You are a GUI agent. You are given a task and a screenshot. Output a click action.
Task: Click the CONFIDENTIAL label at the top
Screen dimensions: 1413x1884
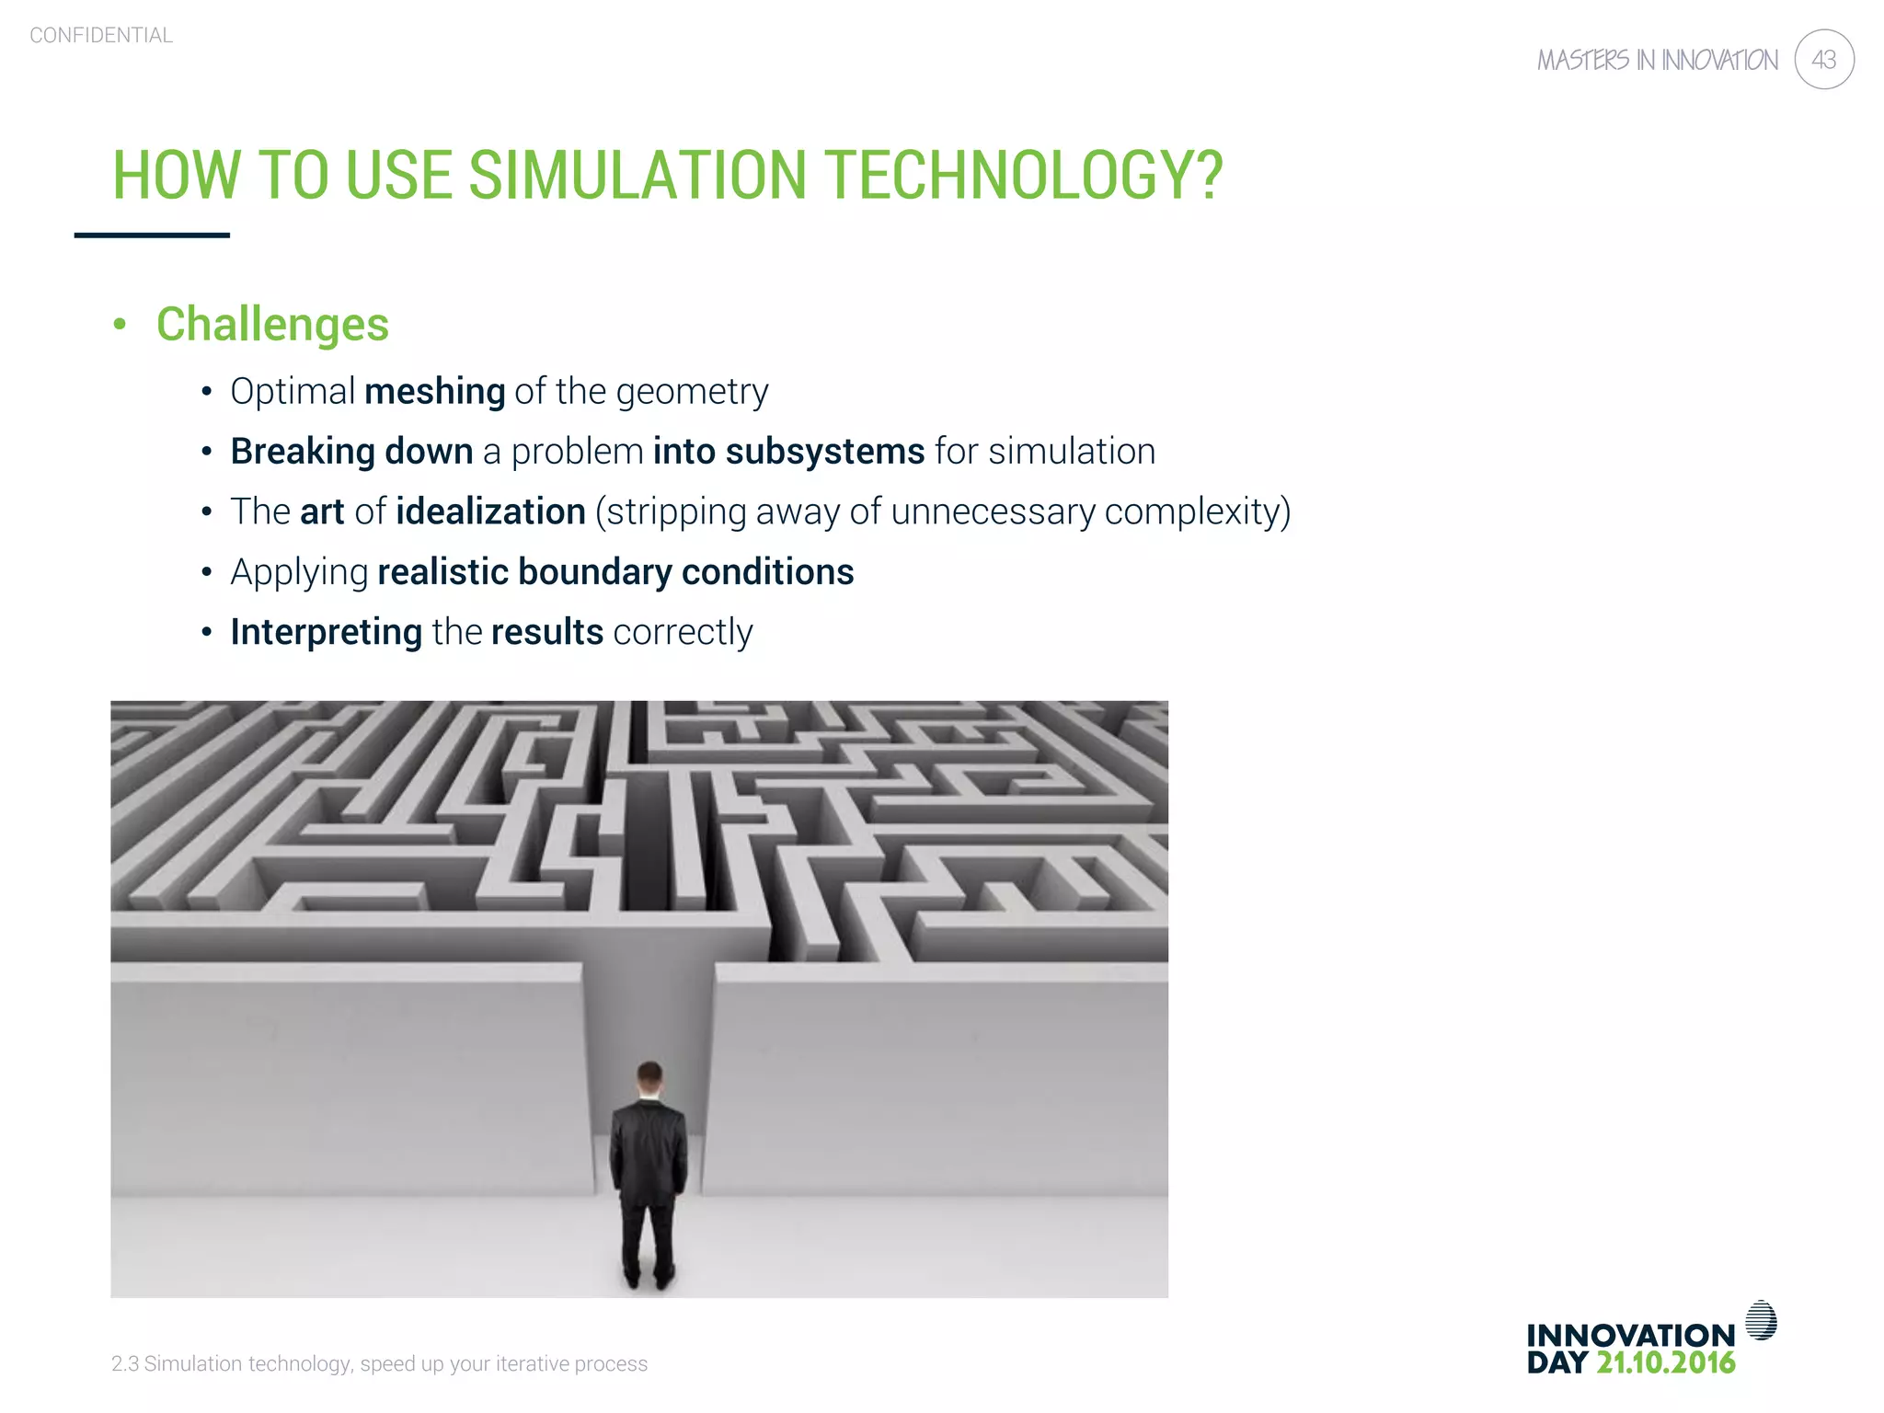(x=101, y=36)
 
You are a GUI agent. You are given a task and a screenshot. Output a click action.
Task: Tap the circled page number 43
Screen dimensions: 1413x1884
(x=1823, y=60)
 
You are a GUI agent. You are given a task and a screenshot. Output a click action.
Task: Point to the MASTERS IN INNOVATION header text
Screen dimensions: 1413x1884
(x=1658, y=61)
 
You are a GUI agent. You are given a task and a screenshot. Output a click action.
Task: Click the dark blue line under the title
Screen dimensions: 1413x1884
(x=152, y=235)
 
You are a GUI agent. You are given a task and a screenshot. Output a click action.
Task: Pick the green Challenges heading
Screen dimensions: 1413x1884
(x=272, y=325)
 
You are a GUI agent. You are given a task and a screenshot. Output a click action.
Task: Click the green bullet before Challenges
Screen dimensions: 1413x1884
(x=120, y=324)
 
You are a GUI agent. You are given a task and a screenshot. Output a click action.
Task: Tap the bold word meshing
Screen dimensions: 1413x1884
(x=434, y=392)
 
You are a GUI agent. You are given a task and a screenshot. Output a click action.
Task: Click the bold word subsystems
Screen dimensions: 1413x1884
(x=824, y=452)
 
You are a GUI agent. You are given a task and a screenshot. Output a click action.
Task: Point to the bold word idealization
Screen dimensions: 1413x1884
(x=490, y=511)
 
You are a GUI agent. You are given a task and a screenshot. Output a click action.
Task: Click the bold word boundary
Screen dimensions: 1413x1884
(x=594, y=572)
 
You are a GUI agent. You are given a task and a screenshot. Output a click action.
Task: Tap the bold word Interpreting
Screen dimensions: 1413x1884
(x=326, y=633)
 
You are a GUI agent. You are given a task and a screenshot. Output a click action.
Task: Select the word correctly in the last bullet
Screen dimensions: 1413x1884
(x=683, y=633)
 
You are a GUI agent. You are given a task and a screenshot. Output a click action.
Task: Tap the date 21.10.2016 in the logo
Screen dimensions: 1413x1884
(x=1665, y=1362)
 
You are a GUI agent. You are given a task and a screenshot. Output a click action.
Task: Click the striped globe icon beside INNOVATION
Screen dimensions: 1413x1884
(x=1761, y=1320)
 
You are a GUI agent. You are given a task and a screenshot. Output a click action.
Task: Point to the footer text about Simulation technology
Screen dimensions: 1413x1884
(x=379, y=1363)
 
